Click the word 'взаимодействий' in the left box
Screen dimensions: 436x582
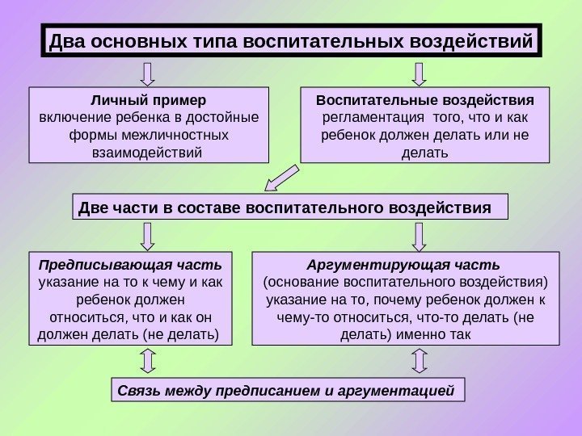coord(148,152)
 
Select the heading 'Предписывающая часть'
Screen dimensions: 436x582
coord(129,264)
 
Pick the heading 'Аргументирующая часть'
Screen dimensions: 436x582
coord(404,264)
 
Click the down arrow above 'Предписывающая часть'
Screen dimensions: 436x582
coord(148,235)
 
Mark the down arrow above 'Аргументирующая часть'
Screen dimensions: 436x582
coord(418,235)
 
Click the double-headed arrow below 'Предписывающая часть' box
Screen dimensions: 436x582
coord(148,361)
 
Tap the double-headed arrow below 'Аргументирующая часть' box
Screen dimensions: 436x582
coord(418,361)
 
